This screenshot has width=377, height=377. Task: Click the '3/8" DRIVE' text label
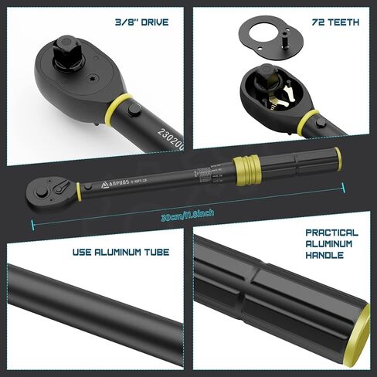pyautogui.click(x=141, y=22)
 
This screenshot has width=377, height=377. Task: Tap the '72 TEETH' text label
pyautogui.click(x=334, y=22)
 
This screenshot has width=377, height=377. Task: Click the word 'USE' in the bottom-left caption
pyautogui.click(x=85, y=253)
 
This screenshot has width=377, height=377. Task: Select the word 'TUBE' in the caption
pyautogui.click(x=154, y=253)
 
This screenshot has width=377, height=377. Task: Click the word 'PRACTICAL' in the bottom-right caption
pyautogui.click(x=331, y=233)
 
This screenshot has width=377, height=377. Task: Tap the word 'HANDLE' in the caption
pyautogui.click(x=324, y=255)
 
